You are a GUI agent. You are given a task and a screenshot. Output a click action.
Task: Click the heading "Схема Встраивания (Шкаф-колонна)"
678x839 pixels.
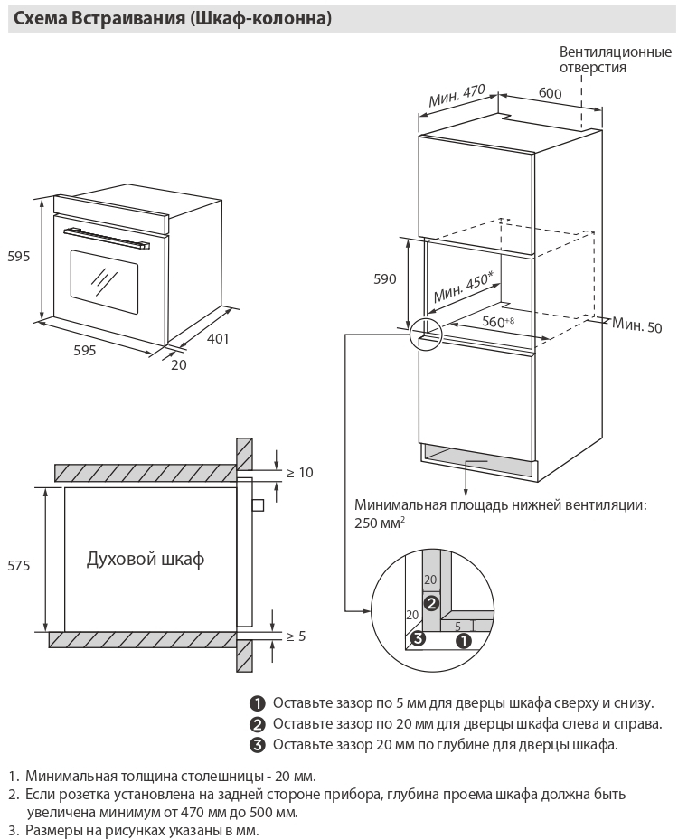click(171, 18)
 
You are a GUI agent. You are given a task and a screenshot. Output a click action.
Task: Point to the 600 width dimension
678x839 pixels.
click(550, 94)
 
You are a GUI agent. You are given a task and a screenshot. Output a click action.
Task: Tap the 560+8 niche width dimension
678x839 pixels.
click(497, 321)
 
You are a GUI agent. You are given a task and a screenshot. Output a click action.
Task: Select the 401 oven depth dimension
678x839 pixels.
click(218, 339)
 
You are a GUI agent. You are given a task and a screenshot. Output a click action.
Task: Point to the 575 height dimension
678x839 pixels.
click(19, 565)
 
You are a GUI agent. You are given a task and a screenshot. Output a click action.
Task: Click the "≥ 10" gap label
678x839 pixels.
click(299, 472)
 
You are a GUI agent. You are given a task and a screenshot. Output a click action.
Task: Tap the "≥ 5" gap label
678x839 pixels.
click(296, 636)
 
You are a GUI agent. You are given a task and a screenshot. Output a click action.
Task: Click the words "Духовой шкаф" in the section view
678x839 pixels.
click(146, 559)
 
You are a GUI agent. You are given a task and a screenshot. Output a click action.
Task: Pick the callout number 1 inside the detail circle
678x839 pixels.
click(464, 640)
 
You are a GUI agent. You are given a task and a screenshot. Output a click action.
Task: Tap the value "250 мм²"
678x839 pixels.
click(380, 523)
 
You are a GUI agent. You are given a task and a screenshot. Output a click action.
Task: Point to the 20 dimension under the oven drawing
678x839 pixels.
click(178, 364)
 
